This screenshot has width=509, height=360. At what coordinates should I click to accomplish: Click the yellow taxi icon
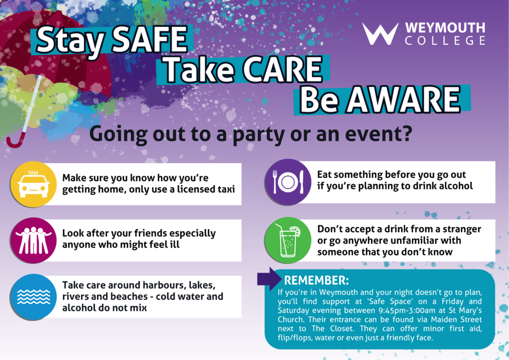33,184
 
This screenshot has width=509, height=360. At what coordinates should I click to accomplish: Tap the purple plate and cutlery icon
288,182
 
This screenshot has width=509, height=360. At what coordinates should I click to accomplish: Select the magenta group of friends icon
33,240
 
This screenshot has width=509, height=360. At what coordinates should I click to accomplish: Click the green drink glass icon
288,240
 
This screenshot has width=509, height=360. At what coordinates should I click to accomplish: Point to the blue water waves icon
33,297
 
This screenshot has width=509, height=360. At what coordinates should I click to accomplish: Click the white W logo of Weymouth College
380,34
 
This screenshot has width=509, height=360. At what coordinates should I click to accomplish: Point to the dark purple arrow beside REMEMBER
269,279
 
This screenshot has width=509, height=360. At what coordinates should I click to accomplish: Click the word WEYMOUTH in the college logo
445,28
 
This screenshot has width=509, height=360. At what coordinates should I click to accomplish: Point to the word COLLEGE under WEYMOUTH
445,41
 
